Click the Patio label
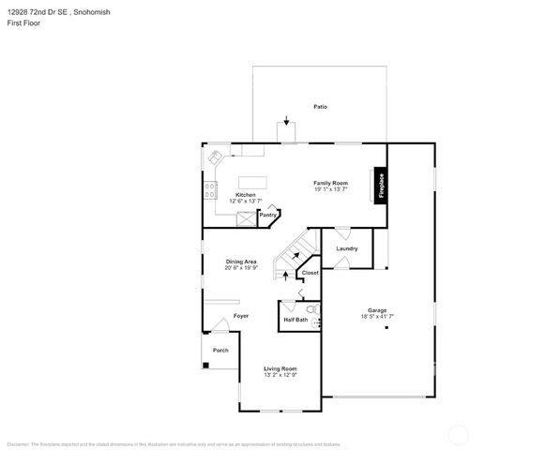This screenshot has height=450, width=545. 320,107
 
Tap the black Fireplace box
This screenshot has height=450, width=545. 382,185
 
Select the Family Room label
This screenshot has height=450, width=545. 330,183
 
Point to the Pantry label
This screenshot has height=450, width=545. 267,215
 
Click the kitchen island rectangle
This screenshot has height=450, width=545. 252,182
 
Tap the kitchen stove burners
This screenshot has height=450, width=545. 208,189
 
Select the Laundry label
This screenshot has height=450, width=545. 347,248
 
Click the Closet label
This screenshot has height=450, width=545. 310,273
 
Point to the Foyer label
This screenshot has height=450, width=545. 241,316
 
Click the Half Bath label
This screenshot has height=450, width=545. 295,320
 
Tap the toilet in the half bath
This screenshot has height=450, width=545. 311,307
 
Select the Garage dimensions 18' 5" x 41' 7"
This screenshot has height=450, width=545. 377,316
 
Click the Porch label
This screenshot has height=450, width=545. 220,350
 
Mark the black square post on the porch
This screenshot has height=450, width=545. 205,364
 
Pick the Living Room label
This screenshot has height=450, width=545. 280,368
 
